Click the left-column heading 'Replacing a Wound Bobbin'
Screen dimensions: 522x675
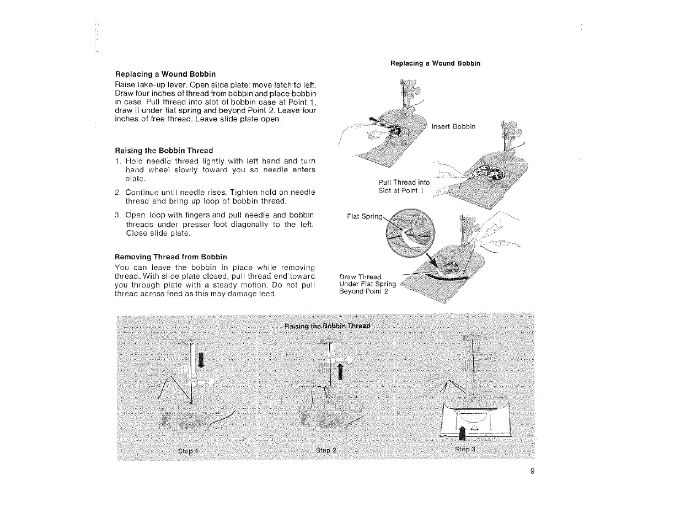(157, 74)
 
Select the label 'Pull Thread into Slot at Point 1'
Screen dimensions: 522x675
(404, 187)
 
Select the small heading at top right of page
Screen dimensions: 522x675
(435, 63)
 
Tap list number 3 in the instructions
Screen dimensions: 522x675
(117, 215)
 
